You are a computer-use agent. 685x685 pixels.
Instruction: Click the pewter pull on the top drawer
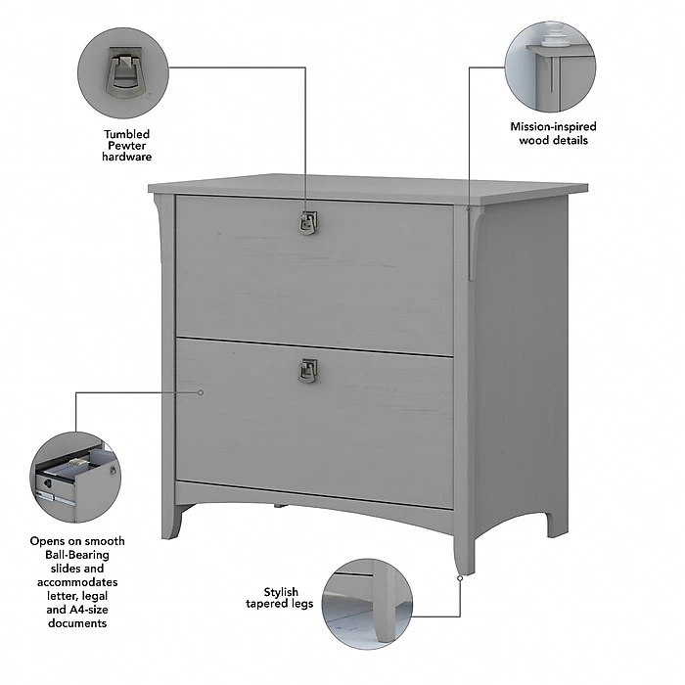pyautogui.click(x=308, y=223)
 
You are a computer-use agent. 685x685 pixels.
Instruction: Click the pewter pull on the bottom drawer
pyautogui.click(x=308, y=370)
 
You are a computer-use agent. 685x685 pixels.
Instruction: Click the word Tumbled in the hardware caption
pyautogui.click(x=127, y=133)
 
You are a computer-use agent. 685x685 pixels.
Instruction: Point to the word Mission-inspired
pyautogui.click(x=553, y=126)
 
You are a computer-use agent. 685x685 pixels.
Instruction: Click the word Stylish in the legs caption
pyautogui.click(x=282, y=591)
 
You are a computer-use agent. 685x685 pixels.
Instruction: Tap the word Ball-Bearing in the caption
pyautogui.click(x=75, y=554)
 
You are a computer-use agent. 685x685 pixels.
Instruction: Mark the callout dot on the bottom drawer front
pyautogui.click(x=201, y=391)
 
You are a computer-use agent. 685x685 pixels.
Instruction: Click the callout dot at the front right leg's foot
pyautogui.click(x=460, y=577)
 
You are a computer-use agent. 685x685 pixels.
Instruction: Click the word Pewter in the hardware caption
pyautogui.click(x=127, y=145)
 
